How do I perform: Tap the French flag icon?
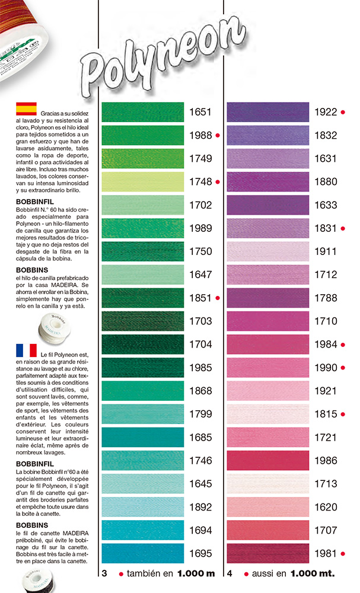pyautogui.click(x=26, y=350)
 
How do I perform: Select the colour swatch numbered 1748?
pyautogui.click(x=143, y=181)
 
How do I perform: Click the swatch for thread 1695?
pyautogui.click(x=143, y=554)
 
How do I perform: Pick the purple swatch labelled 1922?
pyautogui.click(x=268, y=112)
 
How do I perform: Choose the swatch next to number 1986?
pyautogui.click(x=268, y=461)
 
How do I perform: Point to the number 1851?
pyautogui.click(x=200, y=298)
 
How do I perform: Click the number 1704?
pyautogui.click(x=200, y=345)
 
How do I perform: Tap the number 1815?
pyautogui.click(x=326, y=414)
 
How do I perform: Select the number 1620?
pyautogui.click(x=326, y=507)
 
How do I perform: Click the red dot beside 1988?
pyautogui.click(x=218, y=136)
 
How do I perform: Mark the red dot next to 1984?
pyautogui.click(x=343, y=345)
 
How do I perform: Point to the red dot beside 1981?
pyautogui.click(x=343, y=554)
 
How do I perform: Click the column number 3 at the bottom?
pyautogui.click(x=104, y=573)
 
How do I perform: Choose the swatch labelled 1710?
pyautogui.click(x=268, y=321)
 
